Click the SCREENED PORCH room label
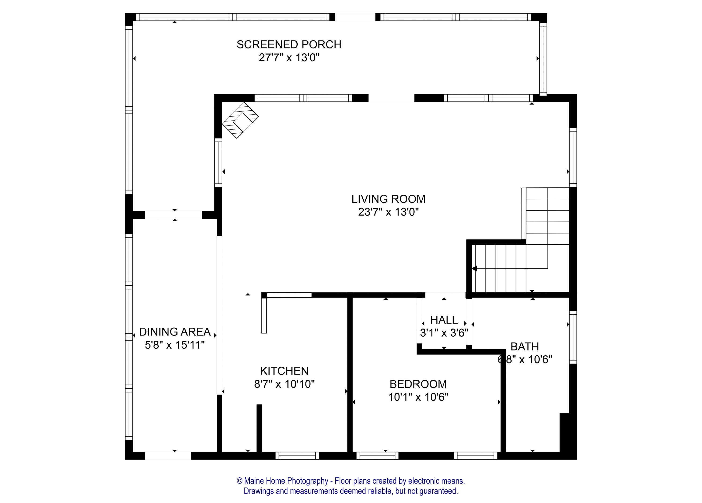[289, 45]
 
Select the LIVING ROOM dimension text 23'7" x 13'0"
[388, 212]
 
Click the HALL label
[444, 320]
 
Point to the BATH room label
[524, 346]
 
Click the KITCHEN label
[284, 371]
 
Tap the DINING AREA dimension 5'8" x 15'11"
[175, 345]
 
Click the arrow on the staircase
[474, 268]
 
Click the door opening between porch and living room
[391, 98]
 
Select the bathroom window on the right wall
[573, 337]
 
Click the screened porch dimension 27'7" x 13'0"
[289, 58]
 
